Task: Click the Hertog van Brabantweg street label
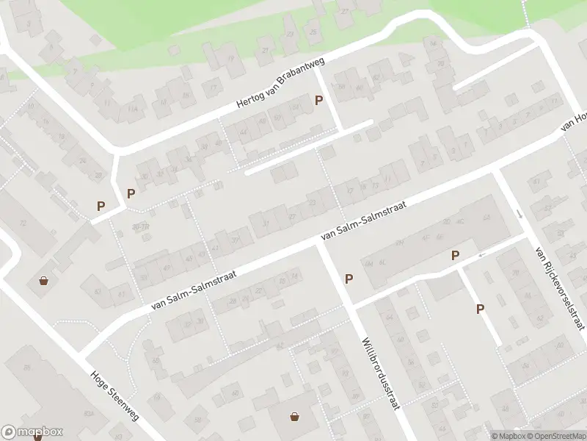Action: (x=280, y=86)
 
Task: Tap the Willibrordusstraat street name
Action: (x=379, y=374)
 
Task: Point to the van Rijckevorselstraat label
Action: (x=560, y=288)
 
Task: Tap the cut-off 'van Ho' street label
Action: (x=575, y=121)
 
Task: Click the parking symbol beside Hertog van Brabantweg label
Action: (x=318, y=101)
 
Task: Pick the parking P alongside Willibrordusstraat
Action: (x=349, y=279)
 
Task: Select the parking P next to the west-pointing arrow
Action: (x=456, y=256)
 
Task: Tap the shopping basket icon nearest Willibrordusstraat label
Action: (x=294, y=417)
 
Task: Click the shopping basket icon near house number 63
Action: (x=44, y=280)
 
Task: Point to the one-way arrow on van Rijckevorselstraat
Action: (x=520, y=214)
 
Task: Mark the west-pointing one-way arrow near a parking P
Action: (x=481, y=255)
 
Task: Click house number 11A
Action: (x=132, y=110)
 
